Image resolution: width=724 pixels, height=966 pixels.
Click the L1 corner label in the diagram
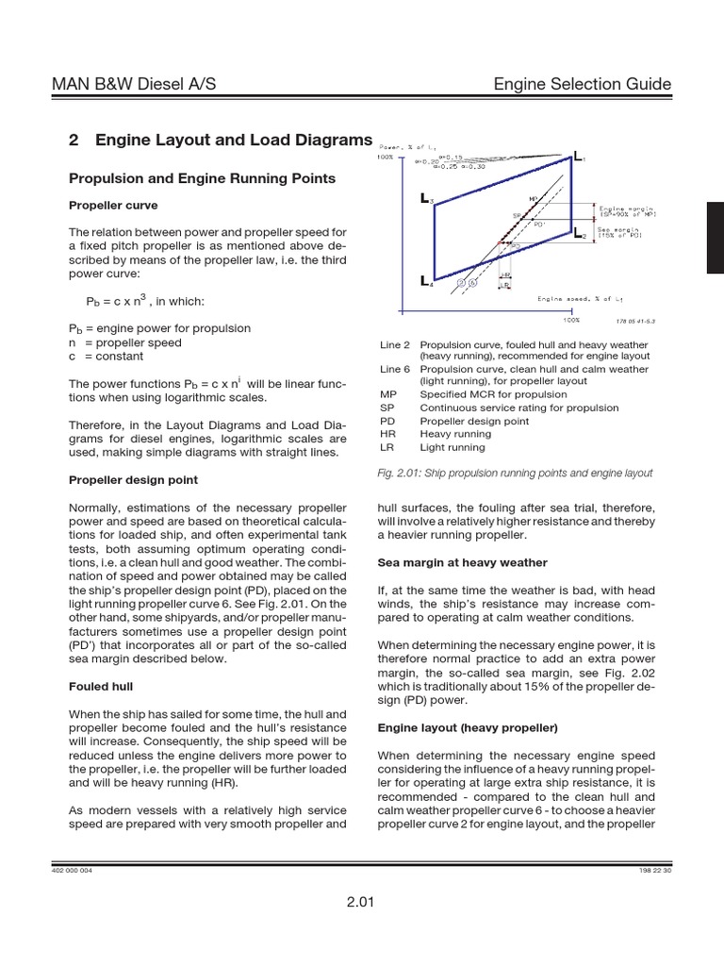578,157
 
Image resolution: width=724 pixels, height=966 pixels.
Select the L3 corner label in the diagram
426,200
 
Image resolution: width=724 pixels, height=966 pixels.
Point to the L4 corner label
426,280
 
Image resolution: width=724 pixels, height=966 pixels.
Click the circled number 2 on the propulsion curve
461,282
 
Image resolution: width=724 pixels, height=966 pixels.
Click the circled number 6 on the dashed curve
473,282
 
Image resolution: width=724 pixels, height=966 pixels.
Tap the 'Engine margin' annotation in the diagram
629,211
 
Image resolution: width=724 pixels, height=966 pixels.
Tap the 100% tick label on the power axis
386,157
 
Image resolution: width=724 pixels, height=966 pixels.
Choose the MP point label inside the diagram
534,199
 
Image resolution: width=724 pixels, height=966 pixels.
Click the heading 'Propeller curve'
113,205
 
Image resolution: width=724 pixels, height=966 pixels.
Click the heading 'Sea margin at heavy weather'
462,562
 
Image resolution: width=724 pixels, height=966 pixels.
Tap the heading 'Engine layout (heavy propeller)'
468,728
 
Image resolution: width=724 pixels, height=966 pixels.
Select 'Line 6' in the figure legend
395,369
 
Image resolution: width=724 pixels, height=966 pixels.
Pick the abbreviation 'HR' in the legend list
387,434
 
